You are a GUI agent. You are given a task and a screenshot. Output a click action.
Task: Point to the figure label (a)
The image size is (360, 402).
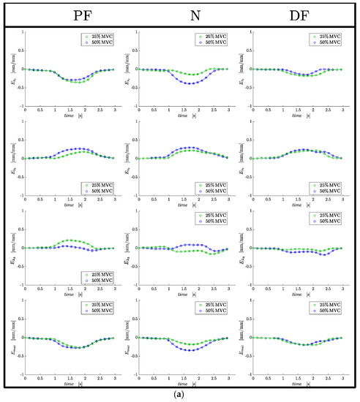pos(180,395)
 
